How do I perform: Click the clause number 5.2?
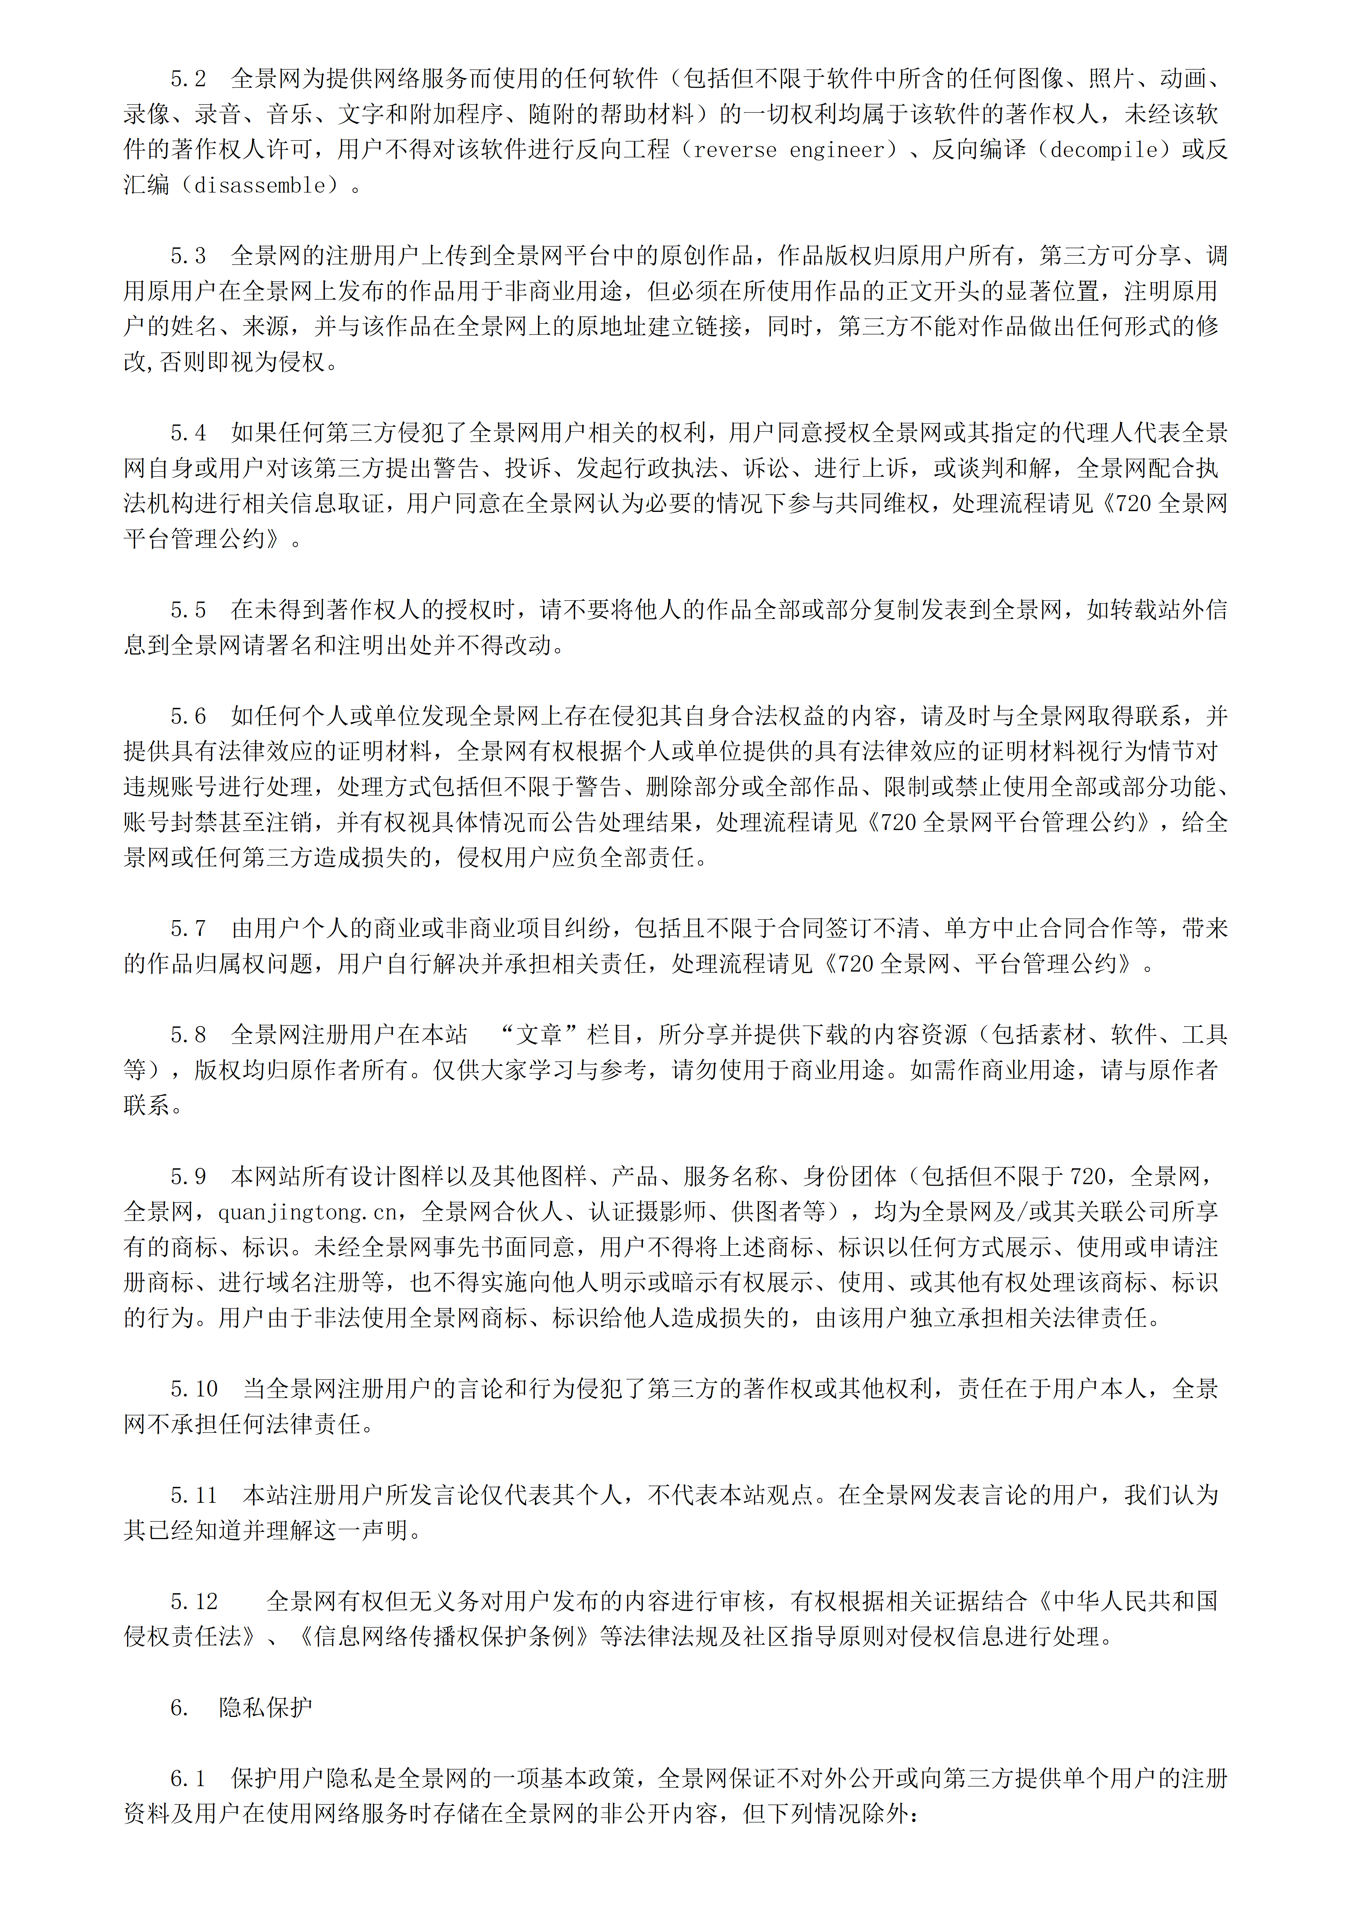coord(188,79)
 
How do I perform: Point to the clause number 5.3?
coord(188,255)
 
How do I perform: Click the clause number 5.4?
coord(188,433)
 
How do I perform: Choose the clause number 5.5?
coord(188,610)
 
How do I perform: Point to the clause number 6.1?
coord(188,1779)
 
